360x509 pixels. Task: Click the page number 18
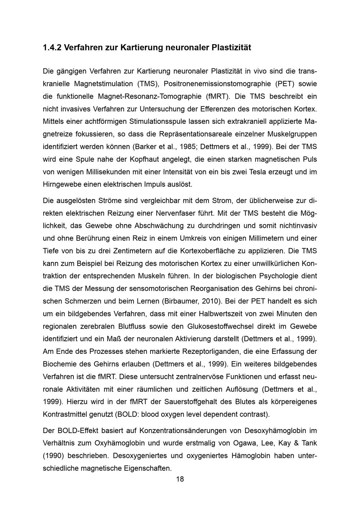(180, 479)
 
